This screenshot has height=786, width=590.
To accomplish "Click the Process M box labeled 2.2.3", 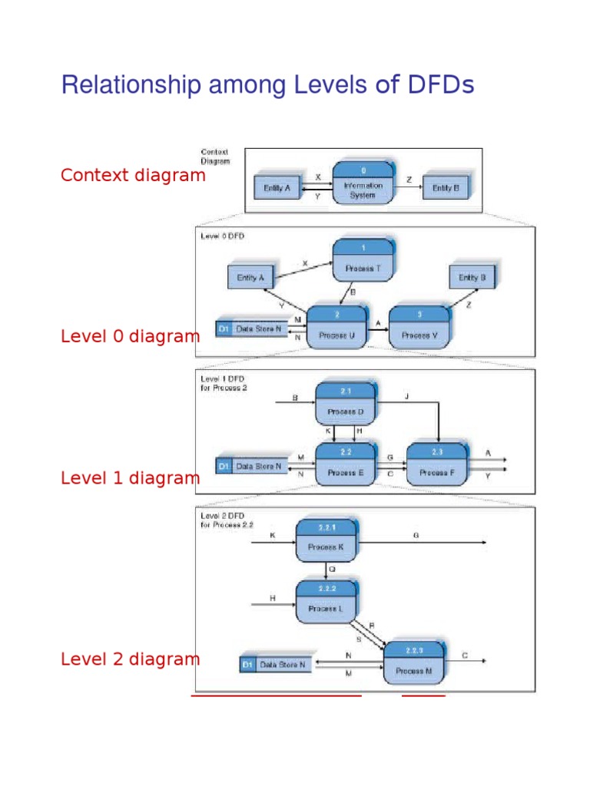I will tap(414, 662).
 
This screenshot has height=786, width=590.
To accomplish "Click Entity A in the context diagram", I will tap(277, 187).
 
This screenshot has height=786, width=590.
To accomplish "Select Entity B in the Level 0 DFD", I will tap(472, 277).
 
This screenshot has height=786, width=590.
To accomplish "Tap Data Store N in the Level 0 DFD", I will tap(254, 329).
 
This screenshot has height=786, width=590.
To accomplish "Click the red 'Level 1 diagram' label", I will tap(130, 478).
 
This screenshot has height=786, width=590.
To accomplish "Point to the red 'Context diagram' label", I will tap(133, 175).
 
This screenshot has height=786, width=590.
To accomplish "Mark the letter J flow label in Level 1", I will tap(407, 397).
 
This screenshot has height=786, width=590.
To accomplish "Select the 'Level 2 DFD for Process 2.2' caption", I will tap(227, 520).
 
